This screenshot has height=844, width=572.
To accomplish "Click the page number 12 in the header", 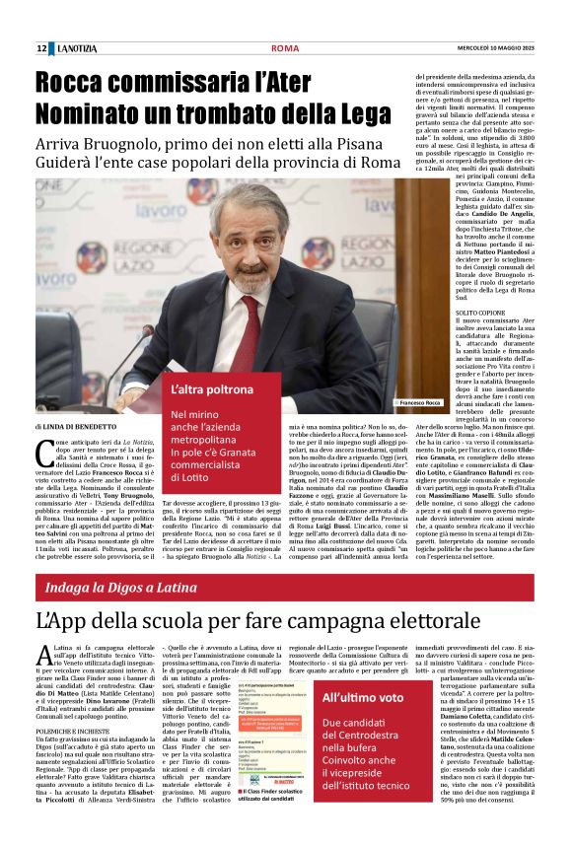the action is coord(41,48).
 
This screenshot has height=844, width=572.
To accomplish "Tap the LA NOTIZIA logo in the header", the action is coord(76,48).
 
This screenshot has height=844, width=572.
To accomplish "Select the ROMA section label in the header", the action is coord(285,48).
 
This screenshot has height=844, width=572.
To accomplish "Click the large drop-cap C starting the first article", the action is coord(44,453).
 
